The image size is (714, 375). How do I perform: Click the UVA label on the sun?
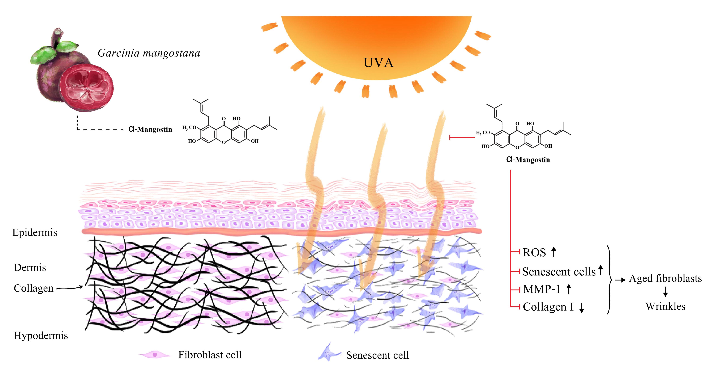(x=378, y=63)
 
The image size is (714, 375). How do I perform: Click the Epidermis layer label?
(x=35, y=232)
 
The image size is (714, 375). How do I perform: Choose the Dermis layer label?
(x=30, y=268)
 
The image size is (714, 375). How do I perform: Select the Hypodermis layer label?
(x=41, y=336)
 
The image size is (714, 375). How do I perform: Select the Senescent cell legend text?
(x=377, y=355)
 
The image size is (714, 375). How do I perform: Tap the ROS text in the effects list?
(x=534, y=253)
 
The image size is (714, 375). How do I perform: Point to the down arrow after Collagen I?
(x=582, y=307)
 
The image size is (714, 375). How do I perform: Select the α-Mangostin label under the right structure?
(x=528, y=160)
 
